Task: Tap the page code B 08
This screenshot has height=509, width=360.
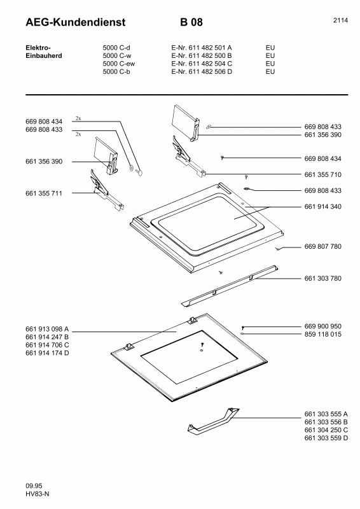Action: [191, 23]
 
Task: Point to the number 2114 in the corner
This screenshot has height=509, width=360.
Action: [340, 20]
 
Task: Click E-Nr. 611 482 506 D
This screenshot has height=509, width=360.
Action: [201, 72]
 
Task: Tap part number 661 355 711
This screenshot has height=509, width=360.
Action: [44, 192]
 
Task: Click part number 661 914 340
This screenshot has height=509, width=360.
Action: [323, 207]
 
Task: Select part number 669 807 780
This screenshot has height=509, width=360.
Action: [323, 246]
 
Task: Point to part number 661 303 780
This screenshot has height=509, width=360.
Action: [323, 278]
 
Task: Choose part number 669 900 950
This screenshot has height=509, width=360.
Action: [323, 326]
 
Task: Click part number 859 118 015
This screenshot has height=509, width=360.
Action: [323, 334]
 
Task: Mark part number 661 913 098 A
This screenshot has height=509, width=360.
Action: [47, 329]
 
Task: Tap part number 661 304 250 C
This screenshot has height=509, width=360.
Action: [326, 430]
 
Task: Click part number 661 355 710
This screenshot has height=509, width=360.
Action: [323, 174]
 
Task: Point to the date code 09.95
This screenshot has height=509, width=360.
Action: [34, 487]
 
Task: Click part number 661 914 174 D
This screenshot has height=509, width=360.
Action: [47, 352]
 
